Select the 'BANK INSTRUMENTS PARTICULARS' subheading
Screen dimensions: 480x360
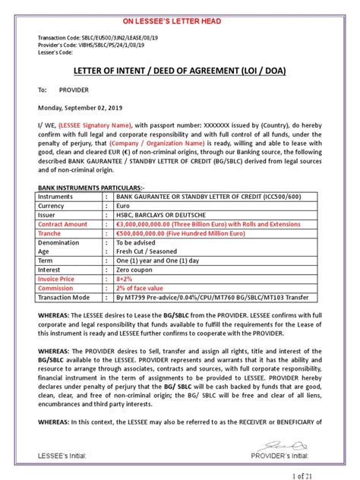[x=86, y=185]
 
